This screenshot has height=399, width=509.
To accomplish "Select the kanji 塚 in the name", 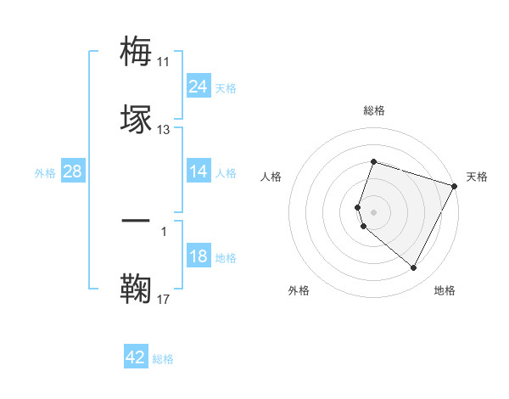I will click(x=137, y=118).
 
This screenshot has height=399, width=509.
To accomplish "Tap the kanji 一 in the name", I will click(x=137, y=222).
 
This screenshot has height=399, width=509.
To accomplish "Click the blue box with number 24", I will click(x=199, y=87).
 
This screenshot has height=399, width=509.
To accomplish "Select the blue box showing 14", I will click(x=199, y=172).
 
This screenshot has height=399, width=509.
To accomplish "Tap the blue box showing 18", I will click(x=199, y=257).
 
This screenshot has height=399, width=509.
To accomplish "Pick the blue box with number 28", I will click(x=73, y=171).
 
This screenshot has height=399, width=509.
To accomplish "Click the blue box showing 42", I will click(x=136, y=357).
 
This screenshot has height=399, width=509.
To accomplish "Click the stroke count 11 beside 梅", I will click(x=163, y=62).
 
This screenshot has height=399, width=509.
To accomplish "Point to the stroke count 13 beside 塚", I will click(x=164, y=130).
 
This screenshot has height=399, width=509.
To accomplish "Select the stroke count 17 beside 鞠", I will click(x=164, y=299).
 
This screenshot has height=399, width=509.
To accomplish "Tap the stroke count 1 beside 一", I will click(x=163, y=231).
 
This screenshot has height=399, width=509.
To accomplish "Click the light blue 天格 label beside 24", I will click(x=226, y=87).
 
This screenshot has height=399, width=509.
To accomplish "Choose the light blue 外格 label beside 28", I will click(x=45, y=172).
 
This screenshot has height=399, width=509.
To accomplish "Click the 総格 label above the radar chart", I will click(x=374, y=111).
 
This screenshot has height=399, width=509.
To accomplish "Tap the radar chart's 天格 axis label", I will click(x=477, y=177).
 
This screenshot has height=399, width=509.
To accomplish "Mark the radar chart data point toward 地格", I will click(x=413, y=268).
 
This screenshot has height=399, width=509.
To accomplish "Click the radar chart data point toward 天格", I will click(x=455, y=186).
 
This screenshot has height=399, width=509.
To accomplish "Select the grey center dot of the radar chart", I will click(x=374, y=211).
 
